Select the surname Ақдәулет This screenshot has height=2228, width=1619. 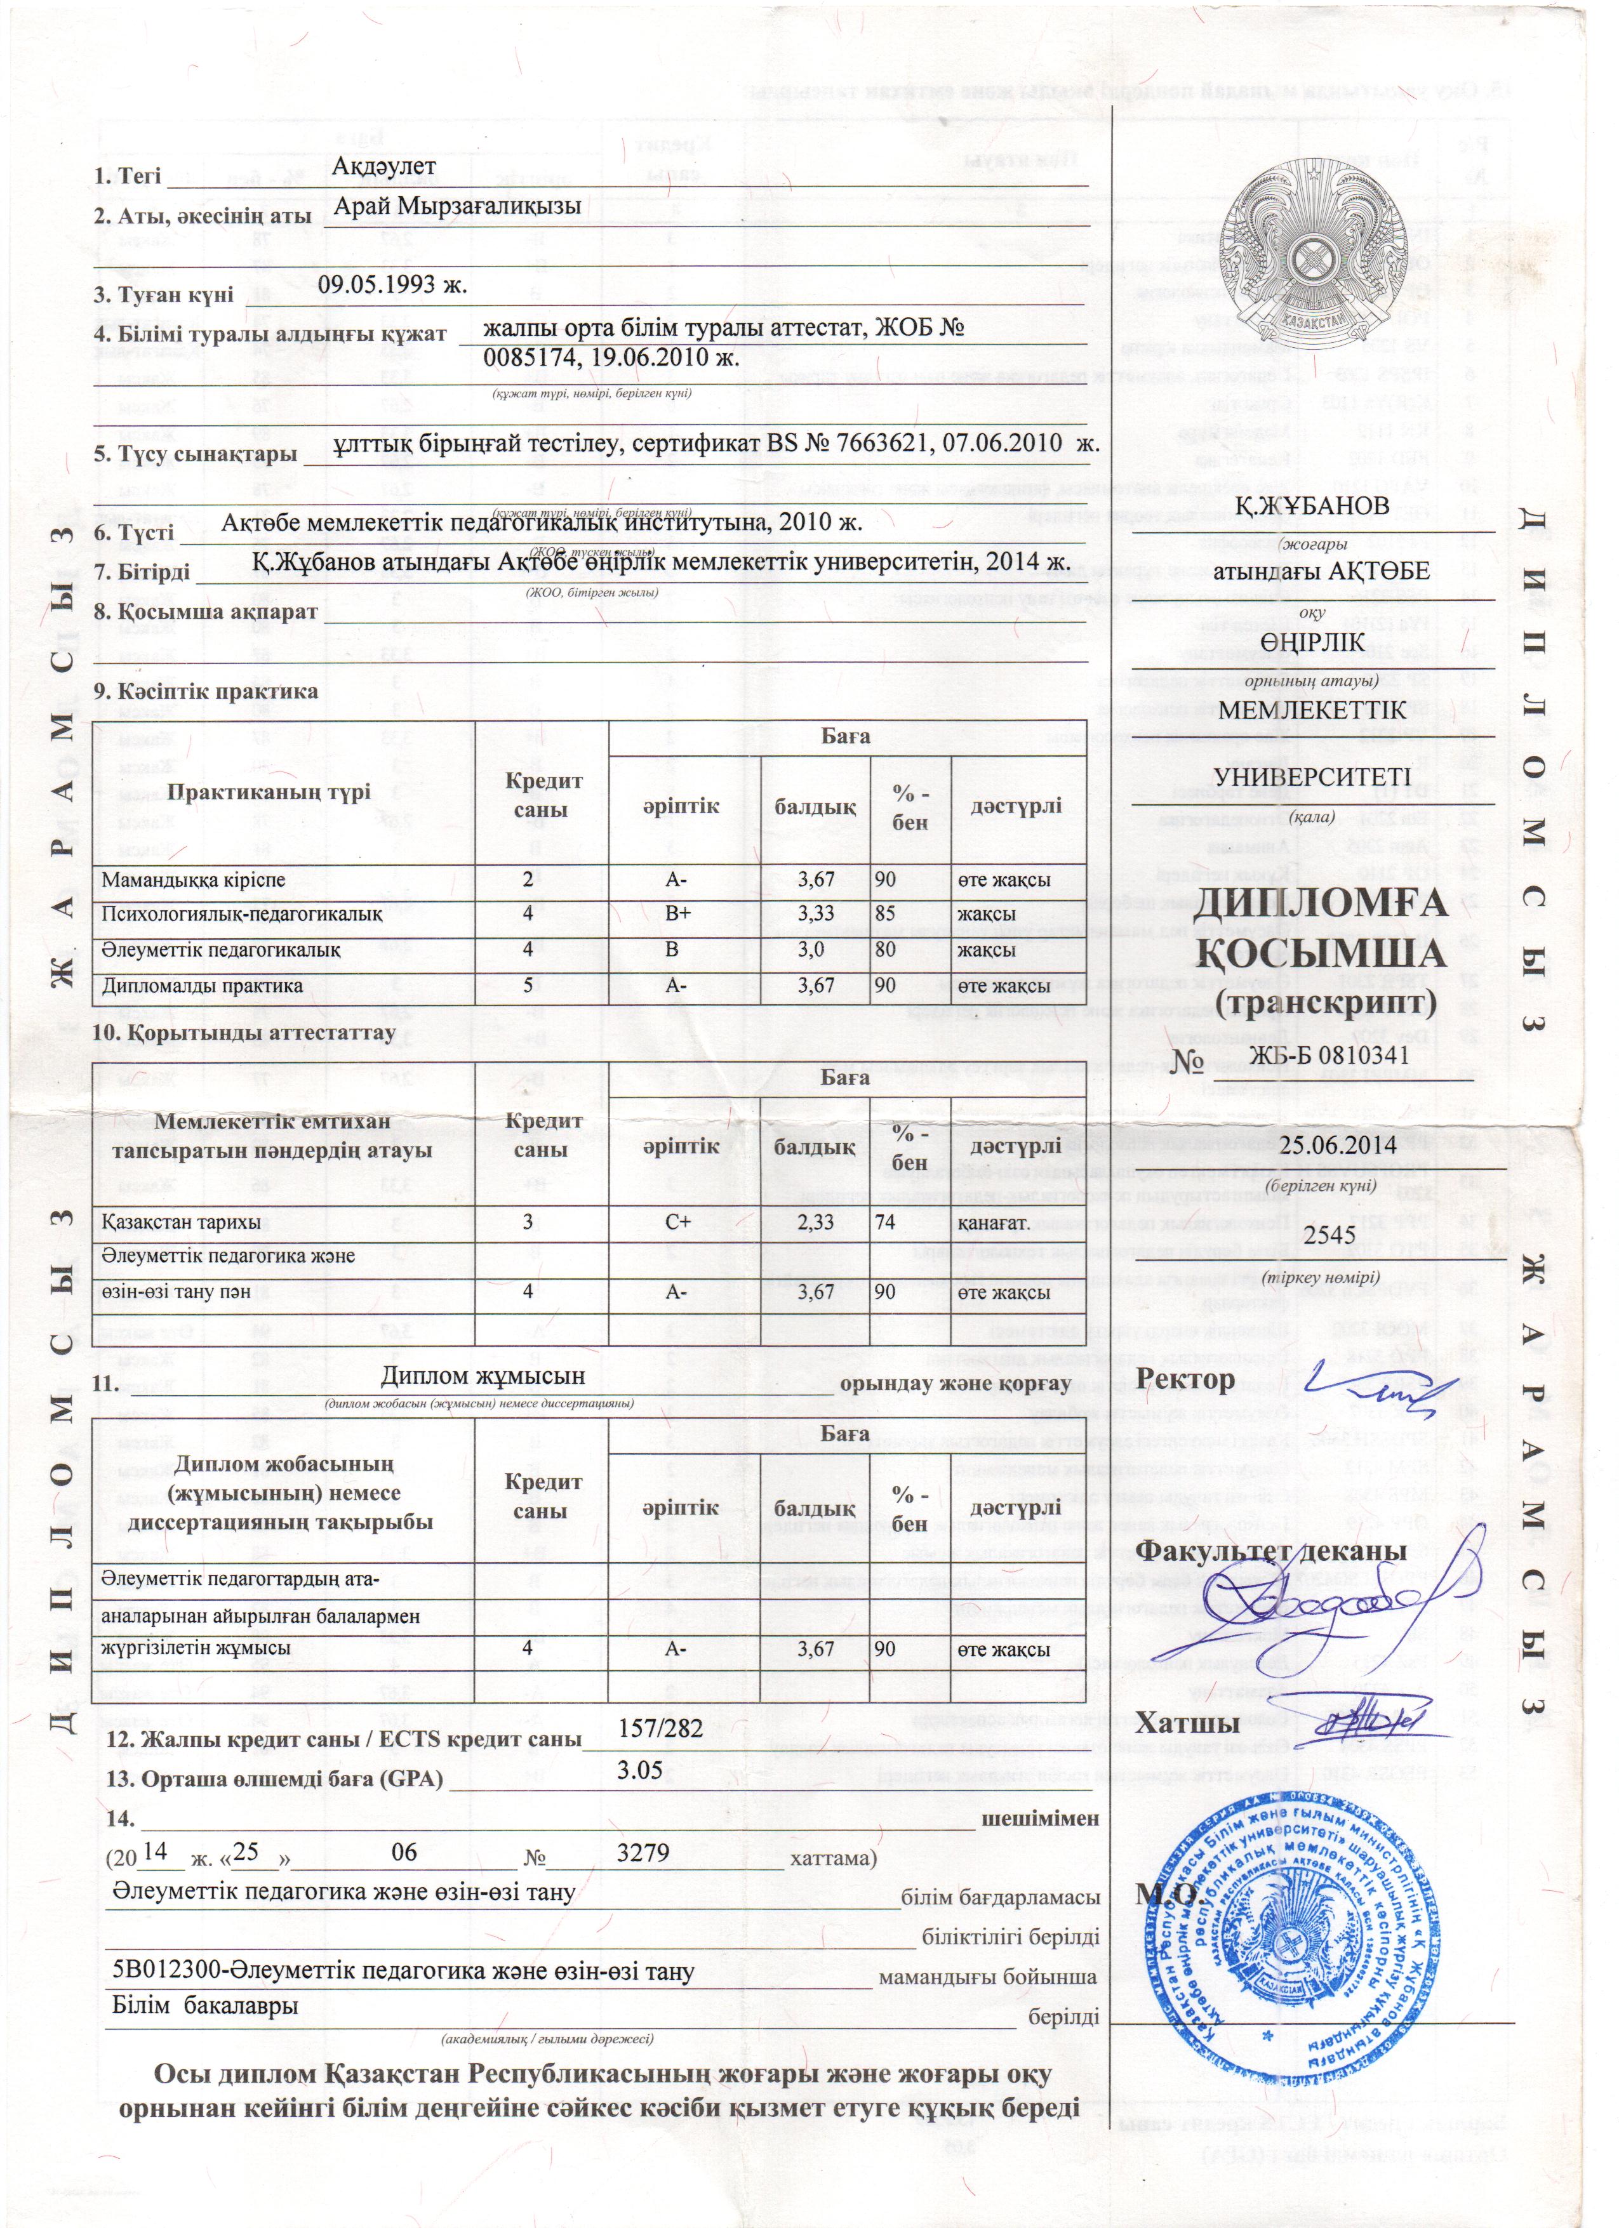[383, 167]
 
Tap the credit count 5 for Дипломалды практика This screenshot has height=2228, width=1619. [528, 985]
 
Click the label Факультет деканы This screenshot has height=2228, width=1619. [1271, 1551]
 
